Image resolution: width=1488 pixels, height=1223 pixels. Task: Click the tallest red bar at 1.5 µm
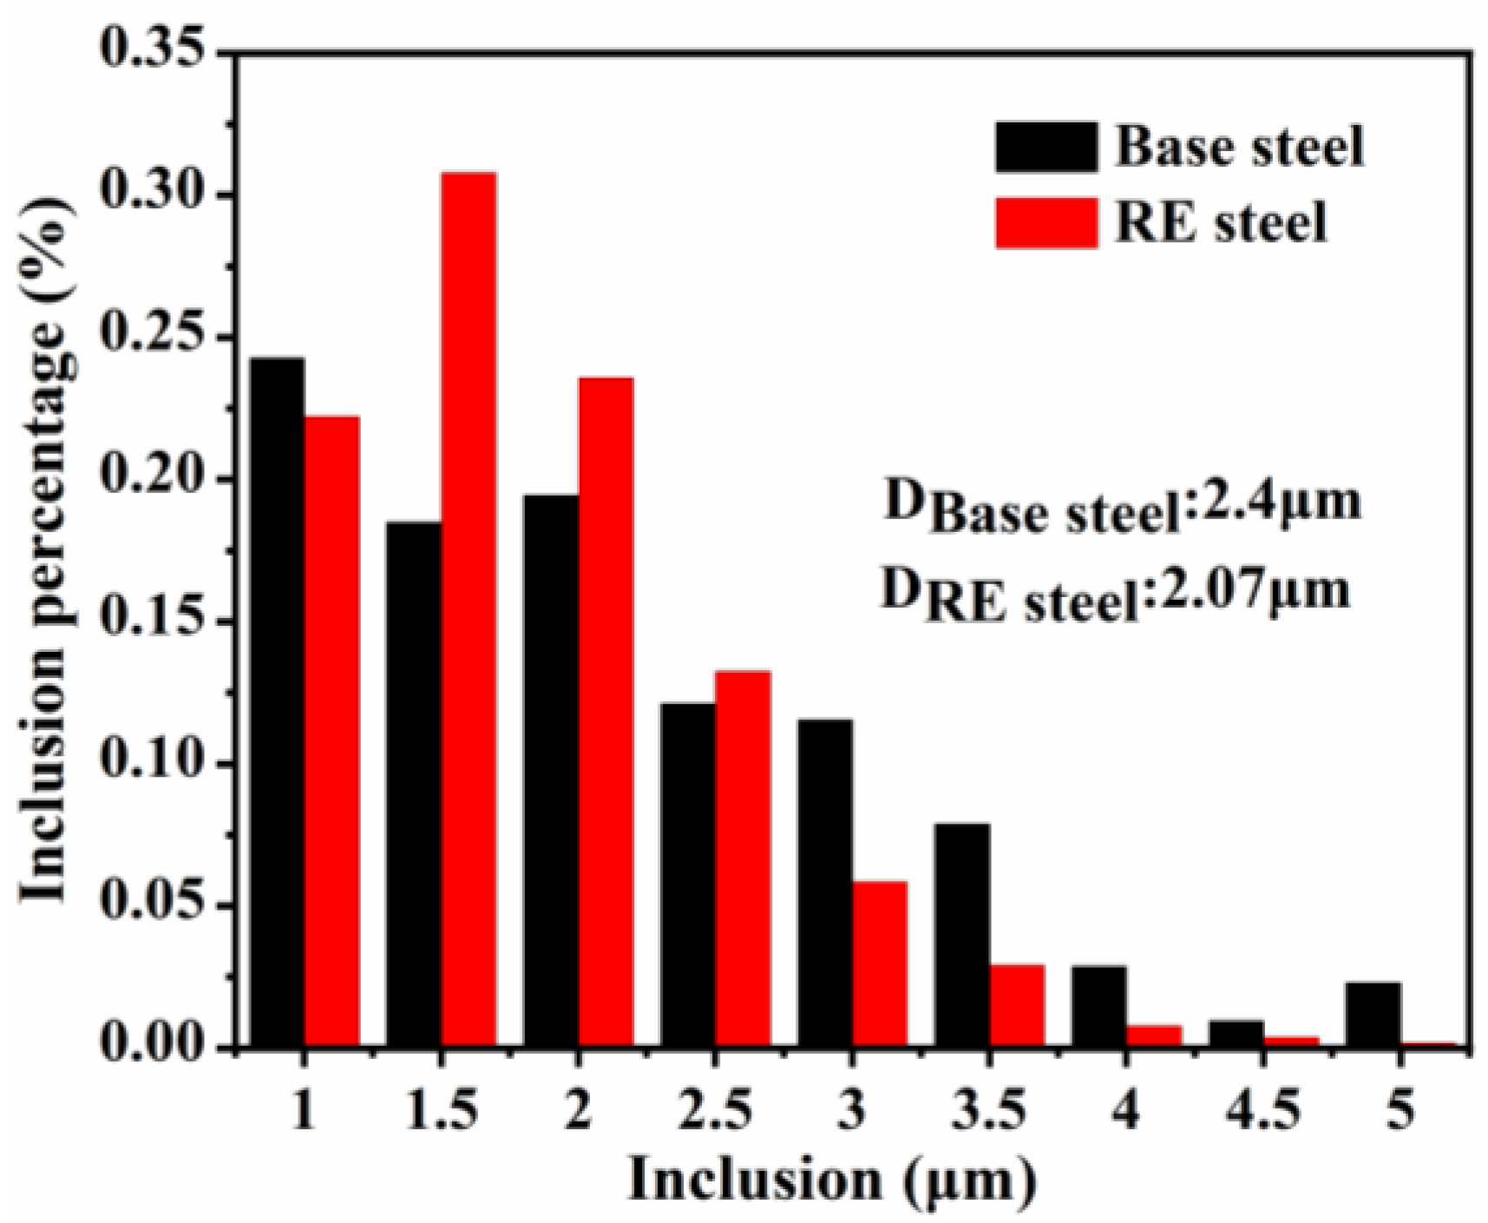pyautogui.click(x=469, y=608)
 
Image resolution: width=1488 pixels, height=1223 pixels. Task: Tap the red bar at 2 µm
pyautogui.click(x=606, y=712)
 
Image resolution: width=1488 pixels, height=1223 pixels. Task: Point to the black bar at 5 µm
pyautogui.click(x=1373, y=1015)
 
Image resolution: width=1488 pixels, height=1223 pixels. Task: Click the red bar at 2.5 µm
pyautogui.click(x=743, y=859)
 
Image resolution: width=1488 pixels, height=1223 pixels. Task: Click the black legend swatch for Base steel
pyautogui.click(x=1046, y=147)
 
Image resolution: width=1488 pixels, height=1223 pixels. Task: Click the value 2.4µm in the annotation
pyautogui.click(x=1273, y=501)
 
